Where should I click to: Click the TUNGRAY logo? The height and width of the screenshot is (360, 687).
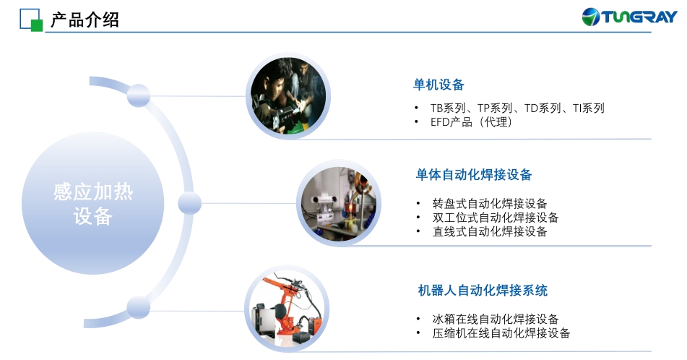click(629, 17)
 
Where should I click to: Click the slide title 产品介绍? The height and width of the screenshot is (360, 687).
click(85, 20)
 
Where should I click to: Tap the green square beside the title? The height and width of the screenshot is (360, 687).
click(37, 26)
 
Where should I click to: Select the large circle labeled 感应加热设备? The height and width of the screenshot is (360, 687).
click(93, 203)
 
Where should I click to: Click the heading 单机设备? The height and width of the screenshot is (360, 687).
click(438, 85)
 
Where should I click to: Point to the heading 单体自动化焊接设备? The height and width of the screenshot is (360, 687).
click(474, 174)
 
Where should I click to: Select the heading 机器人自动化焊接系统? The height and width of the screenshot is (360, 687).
click(483, 291)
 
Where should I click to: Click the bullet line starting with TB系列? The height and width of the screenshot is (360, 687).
click(517, 108)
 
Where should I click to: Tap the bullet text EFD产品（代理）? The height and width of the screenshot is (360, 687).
click(472, 122)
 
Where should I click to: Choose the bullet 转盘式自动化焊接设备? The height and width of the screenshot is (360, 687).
click(490, 203)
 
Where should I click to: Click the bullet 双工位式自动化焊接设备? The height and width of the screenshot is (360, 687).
click(496, 218)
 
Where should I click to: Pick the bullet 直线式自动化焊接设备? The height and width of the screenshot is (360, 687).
click(490, 231)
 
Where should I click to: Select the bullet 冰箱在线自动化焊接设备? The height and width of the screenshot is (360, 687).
click(496, 319)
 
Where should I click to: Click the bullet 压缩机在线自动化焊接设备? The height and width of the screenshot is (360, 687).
click(501, 333)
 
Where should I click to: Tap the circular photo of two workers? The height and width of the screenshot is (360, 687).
click(288, 96)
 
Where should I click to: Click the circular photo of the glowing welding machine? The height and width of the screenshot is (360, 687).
click(338, 203)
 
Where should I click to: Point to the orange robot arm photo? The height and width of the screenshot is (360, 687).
click(287, 309)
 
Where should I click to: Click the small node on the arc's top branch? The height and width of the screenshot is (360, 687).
click(139, 95)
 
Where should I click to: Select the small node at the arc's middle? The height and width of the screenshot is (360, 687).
click(189, 203)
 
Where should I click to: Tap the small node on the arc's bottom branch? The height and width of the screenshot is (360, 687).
click(139, 307)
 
